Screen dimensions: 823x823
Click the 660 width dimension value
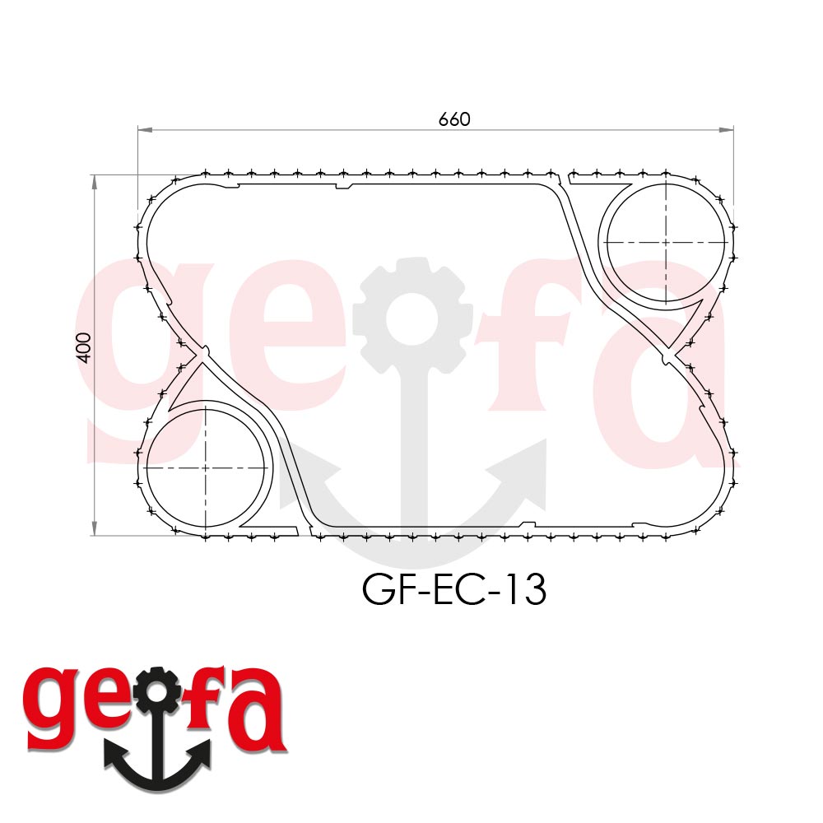tap(454, 119)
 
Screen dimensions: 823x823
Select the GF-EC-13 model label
tap(453, 590)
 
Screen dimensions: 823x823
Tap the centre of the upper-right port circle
tap(666, 243)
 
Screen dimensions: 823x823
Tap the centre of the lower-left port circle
tap(206, 467)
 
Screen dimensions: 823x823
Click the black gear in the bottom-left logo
tap(157, 694)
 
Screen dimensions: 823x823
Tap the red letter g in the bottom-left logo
tap(54, 706)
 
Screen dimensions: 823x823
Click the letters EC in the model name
tap(454, 590)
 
